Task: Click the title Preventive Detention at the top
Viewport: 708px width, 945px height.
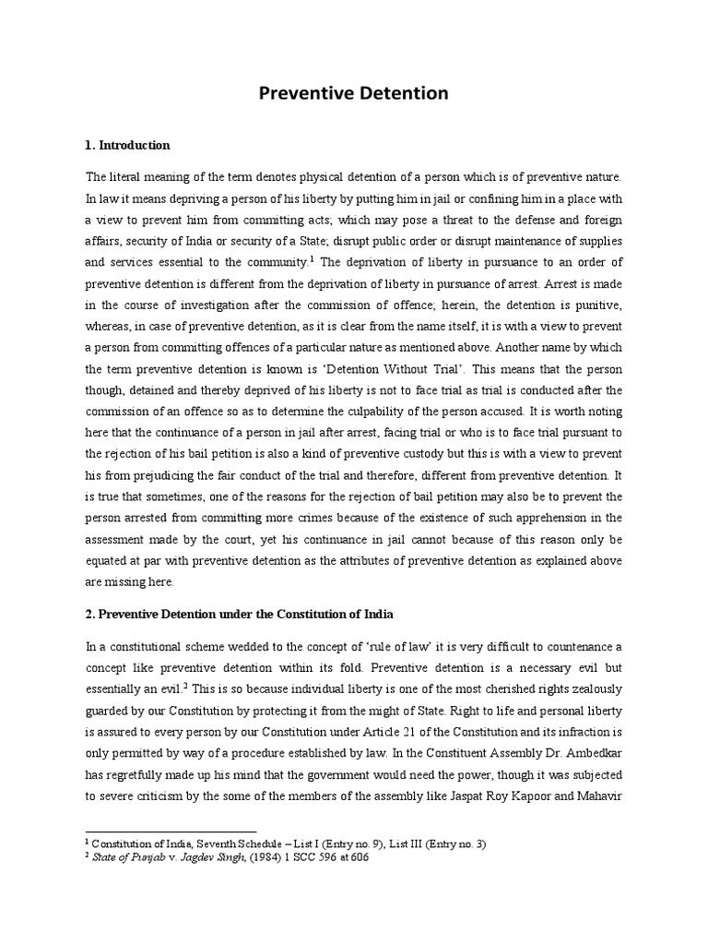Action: (x=353, y=93)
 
